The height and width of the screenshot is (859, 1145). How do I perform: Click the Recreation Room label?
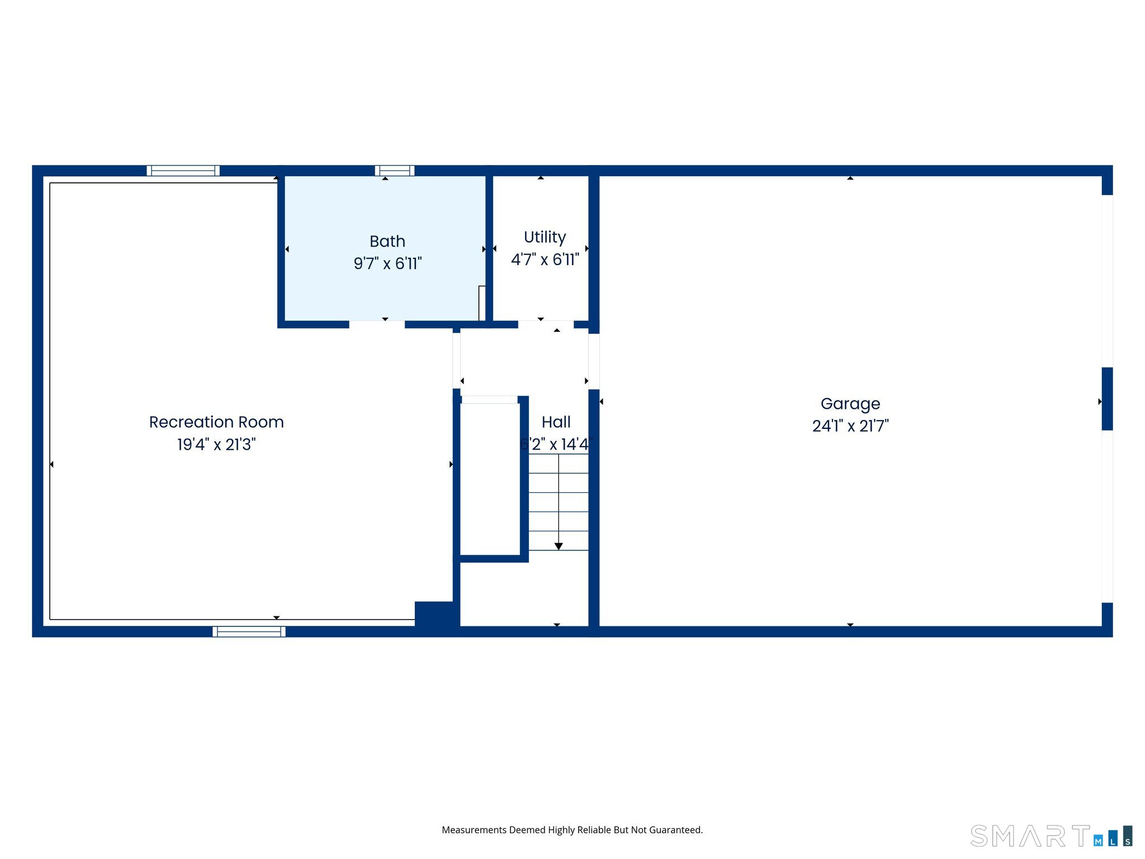coord(216,422)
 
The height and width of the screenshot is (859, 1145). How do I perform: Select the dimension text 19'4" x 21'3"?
coord(216,445)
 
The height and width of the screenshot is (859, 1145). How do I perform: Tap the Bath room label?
coord(387,242)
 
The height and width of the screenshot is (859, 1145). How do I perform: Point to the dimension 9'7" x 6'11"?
coord(387,263)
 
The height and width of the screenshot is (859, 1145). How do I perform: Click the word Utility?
coord(545,237)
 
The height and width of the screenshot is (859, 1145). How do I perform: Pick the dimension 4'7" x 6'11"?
coord(545,259)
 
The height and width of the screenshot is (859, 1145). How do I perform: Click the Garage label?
coord(850,404)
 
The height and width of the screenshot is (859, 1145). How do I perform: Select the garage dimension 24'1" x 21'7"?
coord(850,426)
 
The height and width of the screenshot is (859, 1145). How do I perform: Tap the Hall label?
coord(556,422)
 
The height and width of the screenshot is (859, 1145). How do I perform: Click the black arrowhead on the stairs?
coord(559,546)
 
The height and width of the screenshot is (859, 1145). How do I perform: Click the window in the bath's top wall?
coord(394,171)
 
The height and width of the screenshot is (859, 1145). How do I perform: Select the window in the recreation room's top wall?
coord(183,171)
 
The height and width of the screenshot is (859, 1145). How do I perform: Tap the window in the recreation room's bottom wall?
coord(249,631)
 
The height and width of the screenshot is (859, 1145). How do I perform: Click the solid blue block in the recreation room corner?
coord(435,615)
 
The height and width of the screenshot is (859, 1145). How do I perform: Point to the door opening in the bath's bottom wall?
coord(377,324)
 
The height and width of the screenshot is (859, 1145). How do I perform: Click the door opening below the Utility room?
coord(545,324)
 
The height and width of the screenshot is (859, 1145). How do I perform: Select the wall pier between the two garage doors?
coord(1107,399)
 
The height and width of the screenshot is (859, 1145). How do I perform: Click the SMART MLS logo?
coord(1051,837)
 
